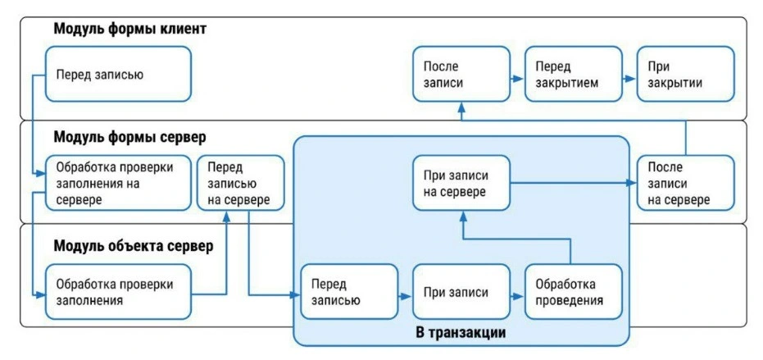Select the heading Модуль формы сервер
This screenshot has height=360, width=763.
click(x=129, y=135)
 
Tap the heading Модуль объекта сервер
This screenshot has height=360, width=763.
click(x=133, y=245)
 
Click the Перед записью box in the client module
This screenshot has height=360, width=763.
click(x=117, y=75)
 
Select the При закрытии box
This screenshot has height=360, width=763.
click(x=685, y=75)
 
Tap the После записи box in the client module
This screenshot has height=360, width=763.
click(x=460, y=75)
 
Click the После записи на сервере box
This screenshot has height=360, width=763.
click(x=685, y=183)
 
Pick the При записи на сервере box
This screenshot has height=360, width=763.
click(x=461, y=183)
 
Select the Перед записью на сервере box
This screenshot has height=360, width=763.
click(x=241, y=183)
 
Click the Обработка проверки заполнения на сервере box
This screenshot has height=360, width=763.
click(x=117, y=183)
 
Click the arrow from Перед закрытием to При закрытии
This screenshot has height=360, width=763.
click(x=629, y=79)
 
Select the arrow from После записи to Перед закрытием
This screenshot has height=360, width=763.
click(x=516, y=79)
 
